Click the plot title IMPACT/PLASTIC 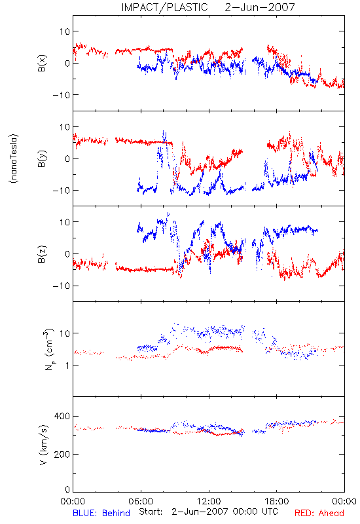[x=164, y=7]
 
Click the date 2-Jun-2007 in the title [x=260, y=7]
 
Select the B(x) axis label [x=42, y=63]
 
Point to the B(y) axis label [x=42, y=159]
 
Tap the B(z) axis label [x=42, y=254]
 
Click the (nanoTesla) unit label [x=14, y=159]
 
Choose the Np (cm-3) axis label [x=48, y=350]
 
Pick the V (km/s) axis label [x=43, y=445]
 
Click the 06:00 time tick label [x=141, y=501]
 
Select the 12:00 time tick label [x=209, y=501]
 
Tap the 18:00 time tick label [x=277, y=501]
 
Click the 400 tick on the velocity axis [x=62, y=416]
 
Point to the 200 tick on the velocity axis [x=62, y=454]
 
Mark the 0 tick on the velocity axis [x=67, y=489]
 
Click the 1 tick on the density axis [x=67, y=365]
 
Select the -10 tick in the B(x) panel [x=61, y=95]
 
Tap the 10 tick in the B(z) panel [x=64, y=222]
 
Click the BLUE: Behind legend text [x=101, y=514]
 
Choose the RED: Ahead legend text [x=319, y=514]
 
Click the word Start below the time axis [x=151, y=512]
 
